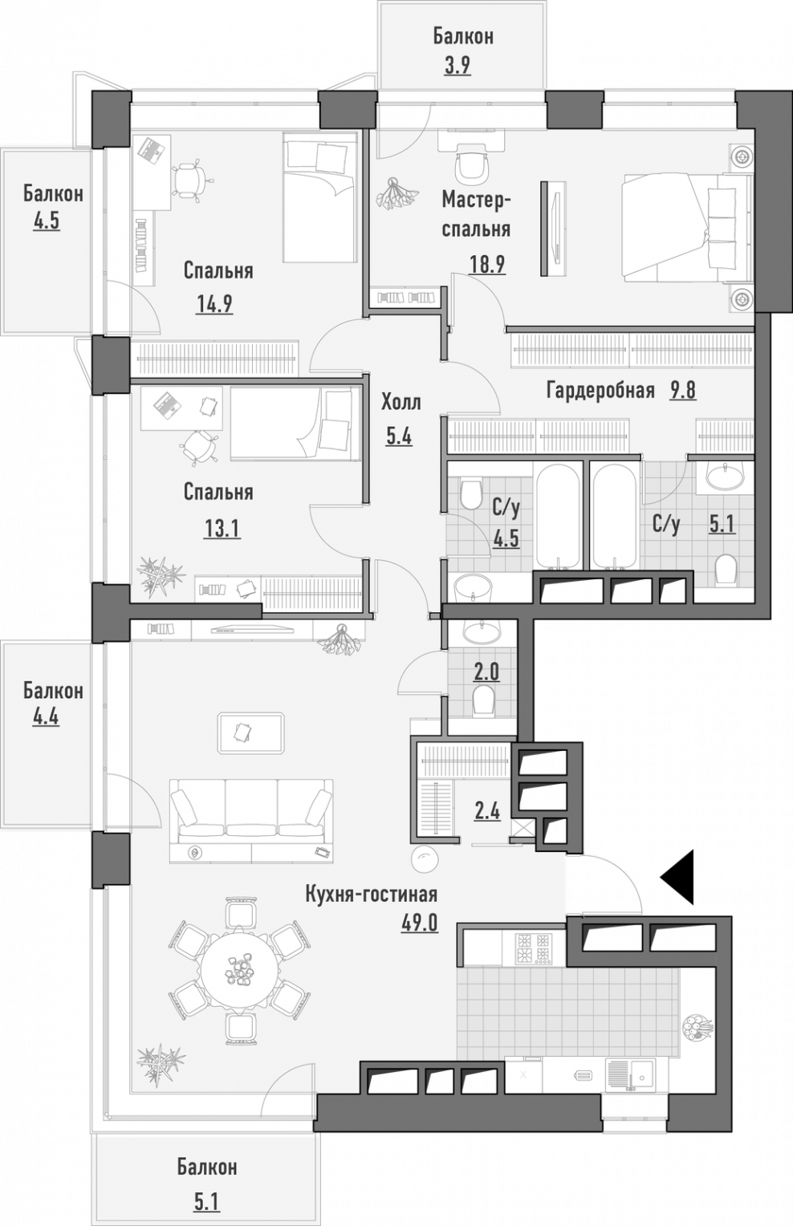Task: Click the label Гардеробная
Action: pos(600,391)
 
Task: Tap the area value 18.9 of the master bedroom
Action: pos(487,264)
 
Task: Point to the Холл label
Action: pos(401,403)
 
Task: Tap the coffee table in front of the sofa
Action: pos(251,733)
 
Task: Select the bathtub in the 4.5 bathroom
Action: pos(558,516)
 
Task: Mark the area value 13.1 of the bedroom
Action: pos(222,530)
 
